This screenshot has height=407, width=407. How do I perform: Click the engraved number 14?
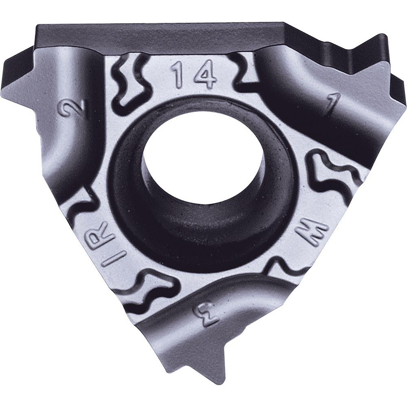(193, 75)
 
